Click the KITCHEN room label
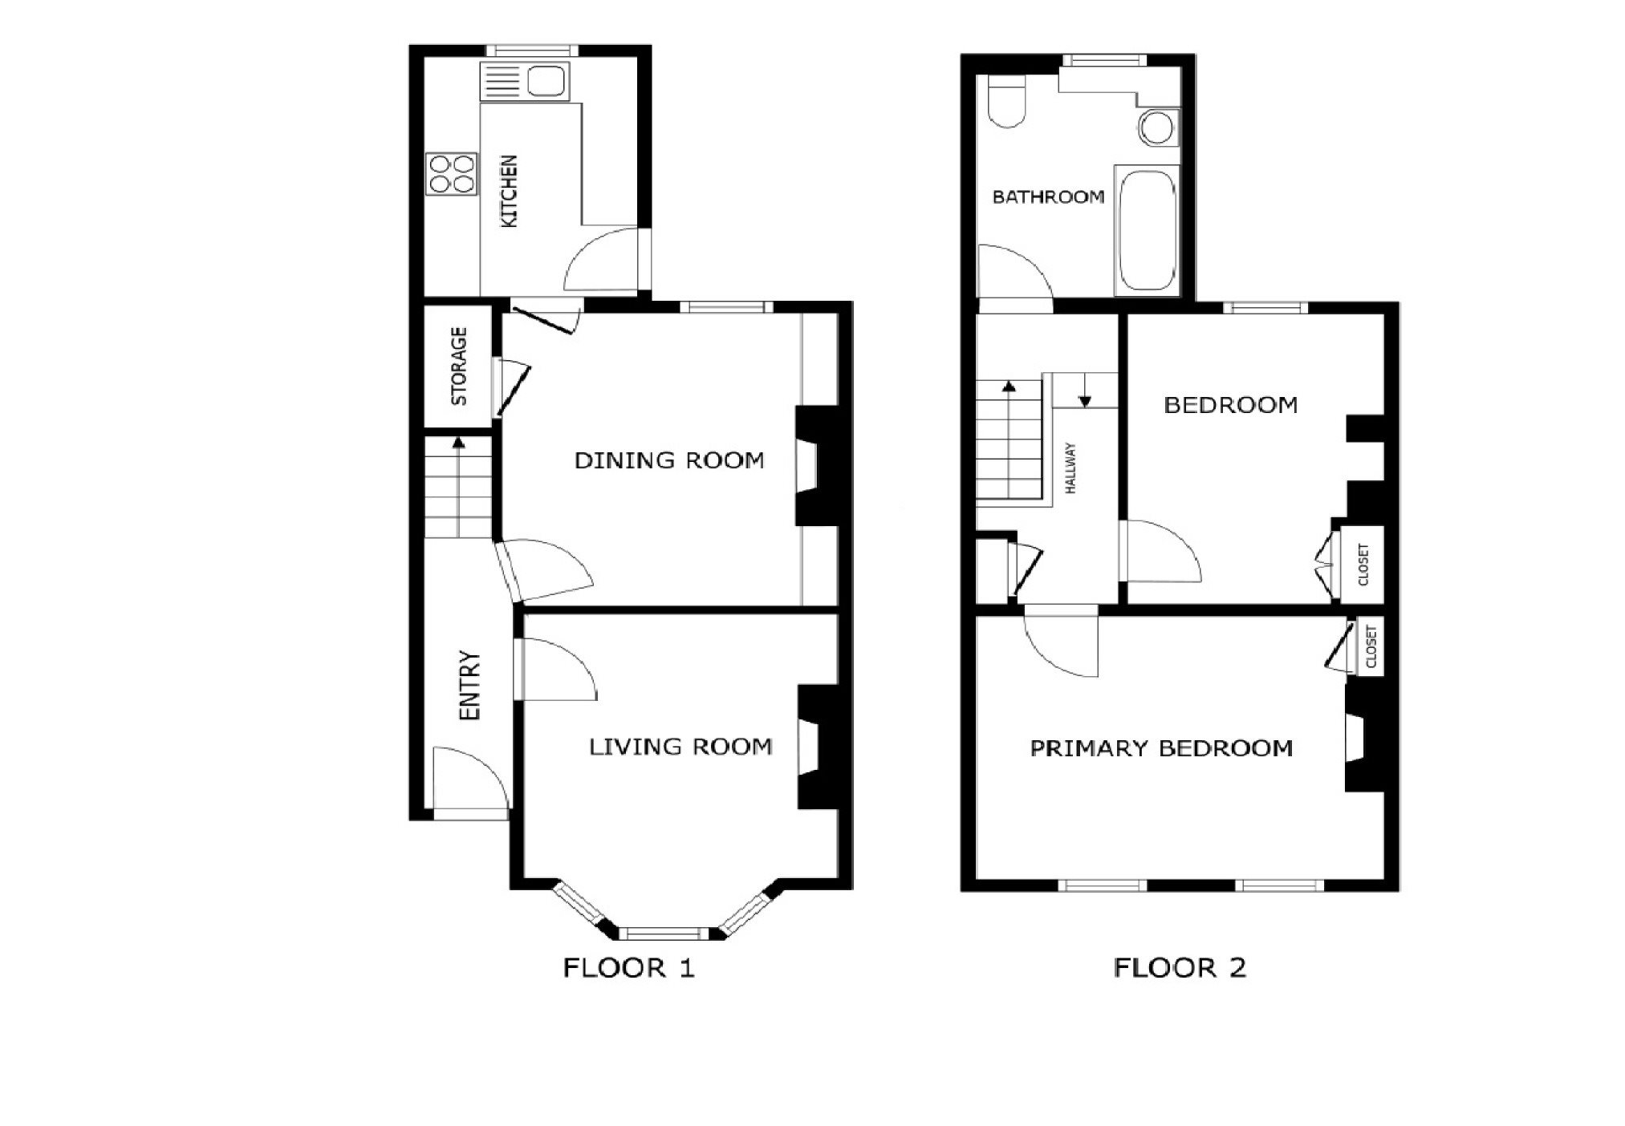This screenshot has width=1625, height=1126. click(510, 192)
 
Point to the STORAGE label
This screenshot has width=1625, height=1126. click(458, 366)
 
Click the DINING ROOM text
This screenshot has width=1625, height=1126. click(669, 460)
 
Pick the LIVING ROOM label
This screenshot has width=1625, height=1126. click(680, 747)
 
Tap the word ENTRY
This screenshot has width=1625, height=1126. click(469, 685)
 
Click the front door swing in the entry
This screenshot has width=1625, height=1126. click(470, 783)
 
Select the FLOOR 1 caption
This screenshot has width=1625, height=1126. click(628, 968)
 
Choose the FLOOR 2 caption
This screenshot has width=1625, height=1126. click(1180, 968)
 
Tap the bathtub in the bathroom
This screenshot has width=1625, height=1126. click(1147, 231)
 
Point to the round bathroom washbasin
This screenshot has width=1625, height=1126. click(1157, 127)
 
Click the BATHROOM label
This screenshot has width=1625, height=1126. click(1048, 196)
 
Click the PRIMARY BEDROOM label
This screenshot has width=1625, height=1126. click(1161, 748)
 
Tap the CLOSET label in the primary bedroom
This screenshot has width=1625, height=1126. click(1371, 646)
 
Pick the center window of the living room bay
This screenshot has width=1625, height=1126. click(663, 934)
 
